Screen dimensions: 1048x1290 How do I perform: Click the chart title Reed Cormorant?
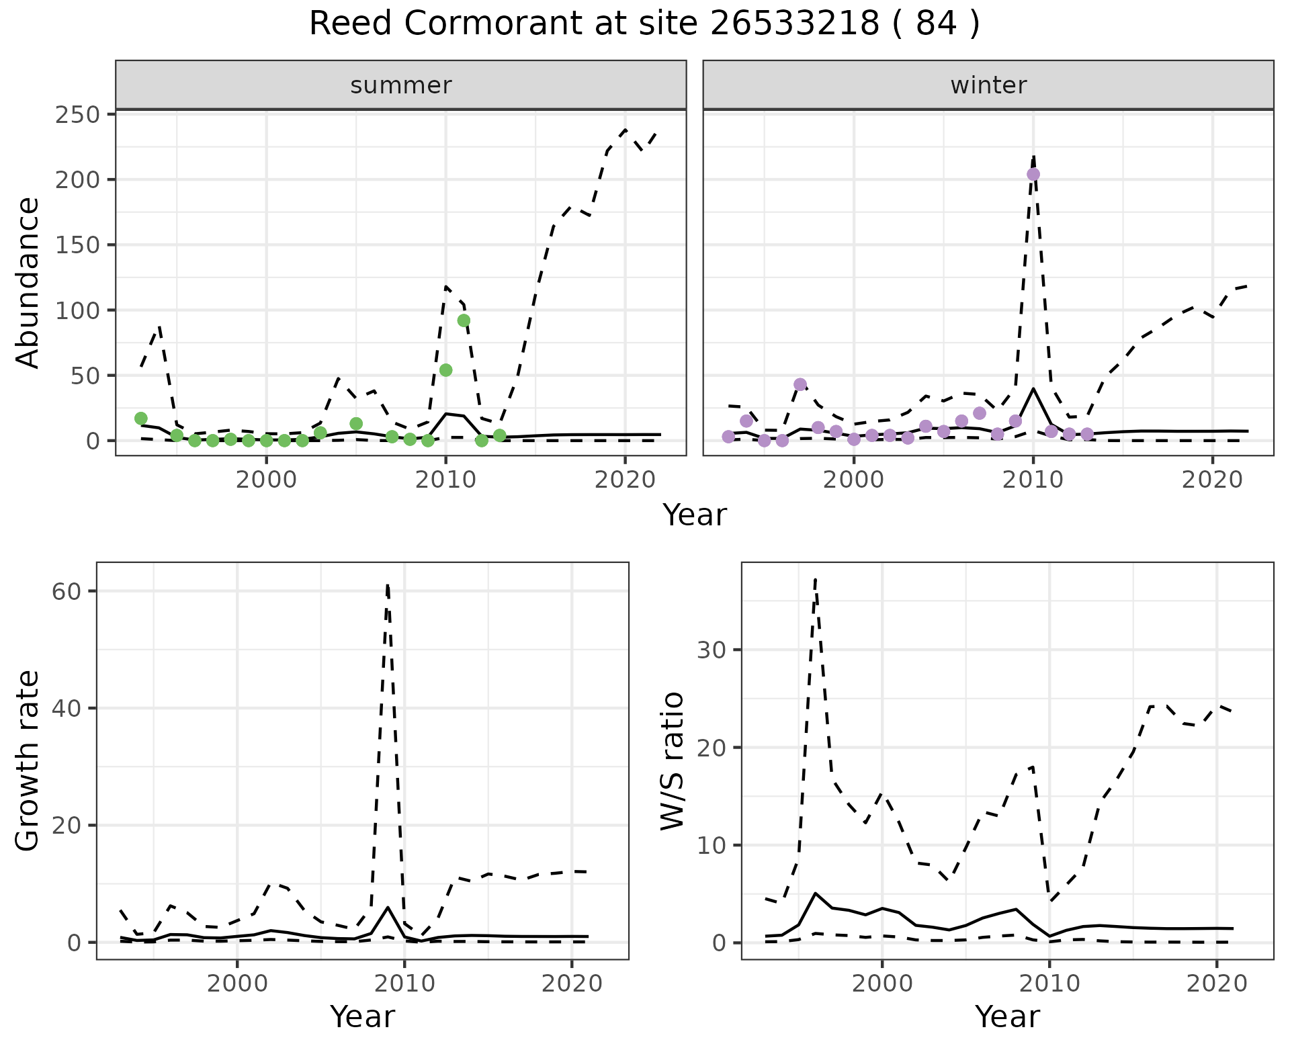644,24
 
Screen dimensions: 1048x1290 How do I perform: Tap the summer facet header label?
401,85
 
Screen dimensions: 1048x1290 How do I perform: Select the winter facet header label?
988,85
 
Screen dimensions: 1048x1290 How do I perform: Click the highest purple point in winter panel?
1033,175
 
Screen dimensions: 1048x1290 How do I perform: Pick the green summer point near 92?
464,320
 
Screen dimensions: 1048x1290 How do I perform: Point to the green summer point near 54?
445,370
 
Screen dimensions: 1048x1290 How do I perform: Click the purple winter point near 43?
800,385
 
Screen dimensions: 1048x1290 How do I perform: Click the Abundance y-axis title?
28,282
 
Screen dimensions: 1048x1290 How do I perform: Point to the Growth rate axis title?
28,761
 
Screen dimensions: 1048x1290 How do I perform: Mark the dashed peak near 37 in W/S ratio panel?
815,579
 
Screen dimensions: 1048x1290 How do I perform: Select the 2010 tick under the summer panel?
445,480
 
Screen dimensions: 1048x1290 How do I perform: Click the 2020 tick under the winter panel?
1213,480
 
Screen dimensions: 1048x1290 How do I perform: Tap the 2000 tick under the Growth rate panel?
236,984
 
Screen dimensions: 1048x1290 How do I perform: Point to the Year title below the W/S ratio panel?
1007,1016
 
